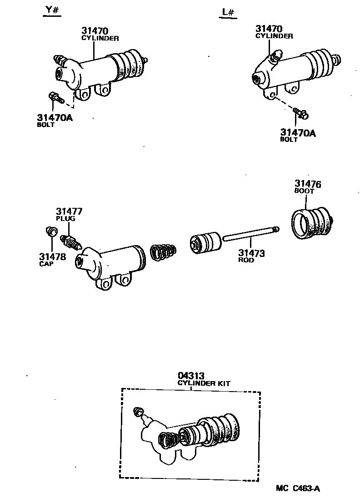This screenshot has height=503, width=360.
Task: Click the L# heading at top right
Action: (x=228, y=12)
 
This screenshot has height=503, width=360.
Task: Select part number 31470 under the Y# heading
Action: (x=95, y=31)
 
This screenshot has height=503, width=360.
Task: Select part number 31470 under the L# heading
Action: (x=269, y=28)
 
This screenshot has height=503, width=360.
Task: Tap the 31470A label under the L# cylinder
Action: (x=298, y=132)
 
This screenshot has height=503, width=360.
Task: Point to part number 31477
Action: (x=70, y=211)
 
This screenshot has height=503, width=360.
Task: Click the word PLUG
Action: (x=65, y=219)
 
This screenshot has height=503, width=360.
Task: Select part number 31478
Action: (x=52, y=257)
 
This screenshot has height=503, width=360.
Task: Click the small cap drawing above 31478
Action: (x=51, y=232)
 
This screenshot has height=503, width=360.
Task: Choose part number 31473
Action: (x=251, y=253)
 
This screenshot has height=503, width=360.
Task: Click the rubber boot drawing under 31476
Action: (x=310, y=222)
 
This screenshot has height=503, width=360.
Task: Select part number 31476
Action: (x=308, y=184)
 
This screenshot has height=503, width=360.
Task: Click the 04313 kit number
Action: (x=191, y=376)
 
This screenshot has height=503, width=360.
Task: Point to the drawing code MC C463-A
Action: (x=298, y=489)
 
